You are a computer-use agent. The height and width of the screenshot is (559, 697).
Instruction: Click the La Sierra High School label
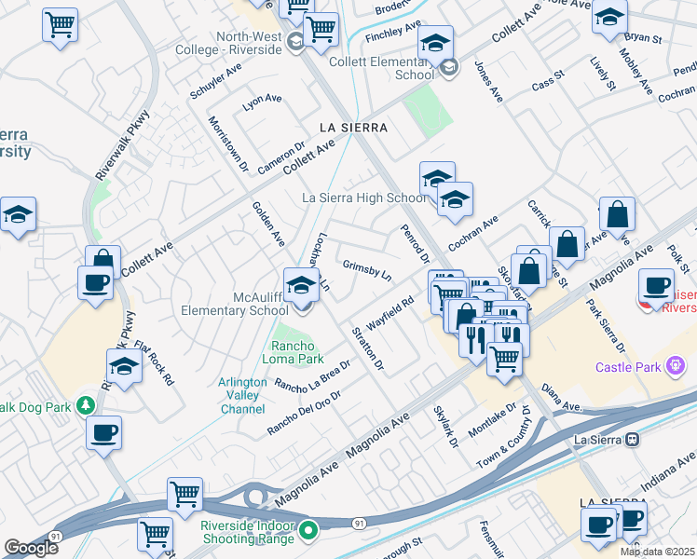364,198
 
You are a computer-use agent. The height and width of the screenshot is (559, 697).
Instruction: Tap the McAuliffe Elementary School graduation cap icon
301,285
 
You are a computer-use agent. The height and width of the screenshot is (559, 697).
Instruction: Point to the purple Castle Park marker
677,366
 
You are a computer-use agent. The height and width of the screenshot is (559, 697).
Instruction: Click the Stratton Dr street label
367,347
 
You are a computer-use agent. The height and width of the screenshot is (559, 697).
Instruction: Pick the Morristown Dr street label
228,144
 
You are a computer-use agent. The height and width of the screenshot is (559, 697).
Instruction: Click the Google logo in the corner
31,548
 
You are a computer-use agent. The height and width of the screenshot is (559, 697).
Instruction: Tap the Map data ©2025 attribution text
658,552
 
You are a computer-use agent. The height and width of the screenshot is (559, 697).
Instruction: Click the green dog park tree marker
86,404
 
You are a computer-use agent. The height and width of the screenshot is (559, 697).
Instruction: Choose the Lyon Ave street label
262,99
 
